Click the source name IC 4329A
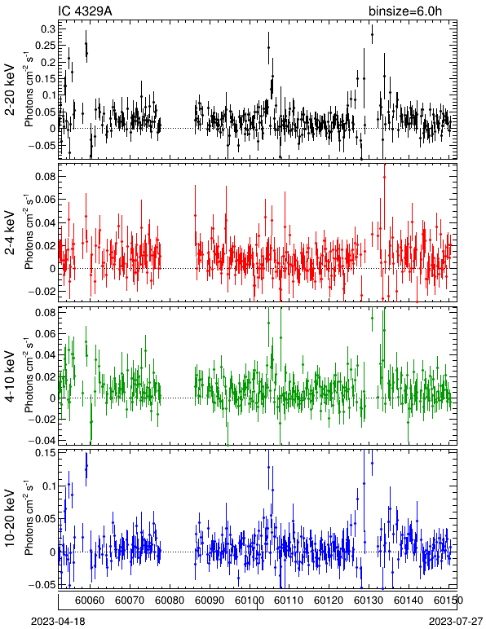pyautogui.click(x=85, y=11)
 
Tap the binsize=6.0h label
pyautogui.click(x=405, y=11)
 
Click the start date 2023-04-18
pyautogui.click(x=58, y=621)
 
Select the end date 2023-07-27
pyautogui.click(x=456, y=621)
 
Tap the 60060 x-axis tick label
pyautogui.click(x=90, y=600)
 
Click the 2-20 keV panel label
pyautogui.click(x=10, y=90)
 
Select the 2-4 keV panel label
pyautogui.click(x=10, y=232)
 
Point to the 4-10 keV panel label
pyautogui.click(x=10, y=376)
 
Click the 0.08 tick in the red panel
pyautogui.click(x=45, y=176)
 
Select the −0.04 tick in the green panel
pyautogui.click(x=42, y=440)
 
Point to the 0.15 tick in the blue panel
pyautogui.click(x=45, y=453)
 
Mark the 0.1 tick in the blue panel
pyautogui.click(x=47, y=486)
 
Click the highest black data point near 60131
pyautogui.click(x=372, y=34)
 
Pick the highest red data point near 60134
pyautogui.click(x=384, y=177)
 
